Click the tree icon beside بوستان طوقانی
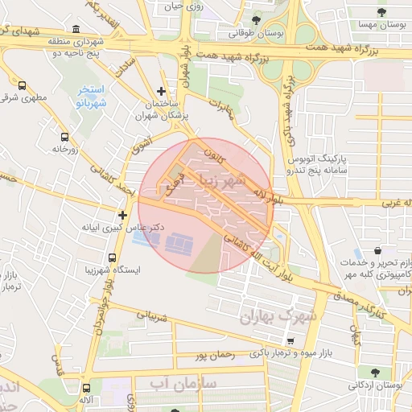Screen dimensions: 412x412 point(256,19)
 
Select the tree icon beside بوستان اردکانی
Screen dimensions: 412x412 point(375,372)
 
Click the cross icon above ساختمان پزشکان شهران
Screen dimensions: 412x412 point(163,92)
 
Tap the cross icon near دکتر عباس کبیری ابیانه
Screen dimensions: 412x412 point(122,215)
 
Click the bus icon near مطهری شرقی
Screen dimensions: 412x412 point(21,84)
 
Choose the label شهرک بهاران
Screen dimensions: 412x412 point(279,317)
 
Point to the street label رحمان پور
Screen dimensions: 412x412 point(213,354)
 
